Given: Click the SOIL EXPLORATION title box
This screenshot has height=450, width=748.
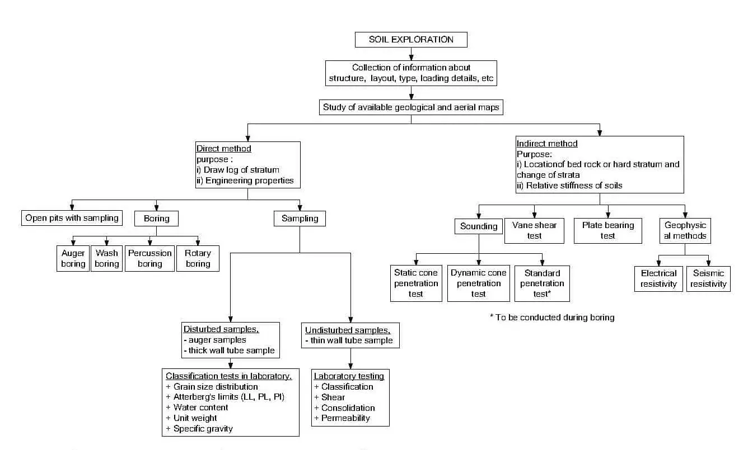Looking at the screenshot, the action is point(411,40).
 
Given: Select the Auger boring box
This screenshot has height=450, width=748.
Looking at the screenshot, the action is point(73,258).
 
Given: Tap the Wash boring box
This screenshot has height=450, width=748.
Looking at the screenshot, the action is point(106,258).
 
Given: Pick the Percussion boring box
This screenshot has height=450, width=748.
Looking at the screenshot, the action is point(149,258).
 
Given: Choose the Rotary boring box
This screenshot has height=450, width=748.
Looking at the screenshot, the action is point(198,258).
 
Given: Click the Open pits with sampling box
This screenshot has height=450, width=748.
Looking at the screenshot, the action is point(72,218).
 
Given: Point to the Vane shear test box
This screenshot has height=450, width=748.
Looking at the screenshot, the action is point(534,231).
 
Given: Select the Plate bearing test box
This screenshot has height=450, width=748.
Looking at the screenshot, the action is point(608,231).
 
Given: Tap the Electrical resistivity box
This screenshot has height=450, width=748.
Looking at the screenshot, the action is point(658,279).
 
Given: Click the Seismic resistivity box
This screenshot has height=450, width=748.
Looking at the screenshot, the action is point(708,279).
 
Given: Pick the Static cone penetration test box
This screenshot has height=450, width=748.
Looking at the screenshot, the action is point(416,283).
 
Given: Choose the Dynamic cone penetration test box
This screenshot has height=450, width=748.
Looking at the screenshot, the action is point(479,283).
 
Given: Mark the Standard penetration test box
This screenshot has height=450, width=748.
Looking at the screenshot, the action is point(542,283).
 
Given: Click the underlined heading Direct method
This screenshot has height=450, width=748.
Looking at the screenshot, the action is point(224,149).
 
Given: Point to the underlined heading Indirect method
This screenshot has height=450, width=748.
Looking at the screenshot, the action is point(547,144).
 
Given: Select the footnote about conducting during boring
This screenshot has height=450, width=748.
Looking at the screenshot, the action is point(552,318).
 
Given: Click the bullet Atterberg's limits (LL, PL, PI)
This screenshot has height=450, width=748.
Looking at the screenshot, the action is point(225,397).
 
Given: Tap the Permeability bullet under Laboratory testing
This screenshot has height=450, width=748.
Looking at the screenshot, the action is point(342,418).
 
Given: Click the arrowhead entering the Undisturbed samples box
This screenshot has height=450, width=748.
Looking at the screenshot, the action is point(350,320).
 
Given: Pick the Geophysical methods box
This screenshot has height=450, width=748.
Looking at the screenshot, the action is point(685,231).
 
